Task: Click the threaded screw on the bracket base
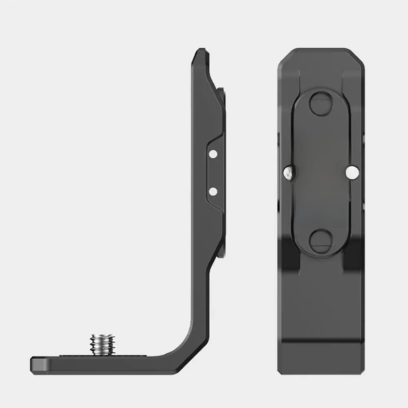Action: (103, 344)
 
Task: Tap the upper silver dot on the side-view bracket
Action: (212, 154)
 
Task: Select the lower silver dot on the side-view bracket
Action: (212, 191)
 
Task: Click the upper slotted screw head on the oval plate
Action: (321, 104)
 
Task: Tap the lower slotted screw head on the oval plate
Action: (321, 240)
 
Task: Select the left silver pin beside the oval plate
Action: (288, 172)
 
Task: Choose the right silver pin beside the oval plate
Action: (352, 172)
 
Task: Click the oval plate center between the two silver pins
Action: (321, 172)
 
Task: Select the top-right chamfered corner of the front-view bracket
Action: (359, 55)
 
